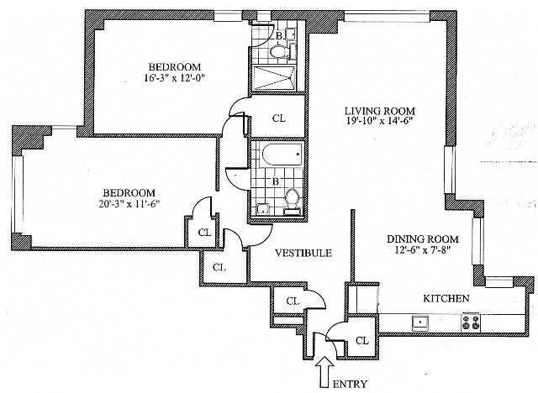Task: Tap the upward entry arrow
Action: (324, 369)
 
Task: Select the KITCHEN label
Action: (446, 299)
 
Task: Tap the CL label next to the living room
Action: (278, 118)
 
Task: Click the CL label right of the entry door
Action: (362, 341)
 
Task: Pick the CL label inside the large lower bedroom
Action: (203, 233)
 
